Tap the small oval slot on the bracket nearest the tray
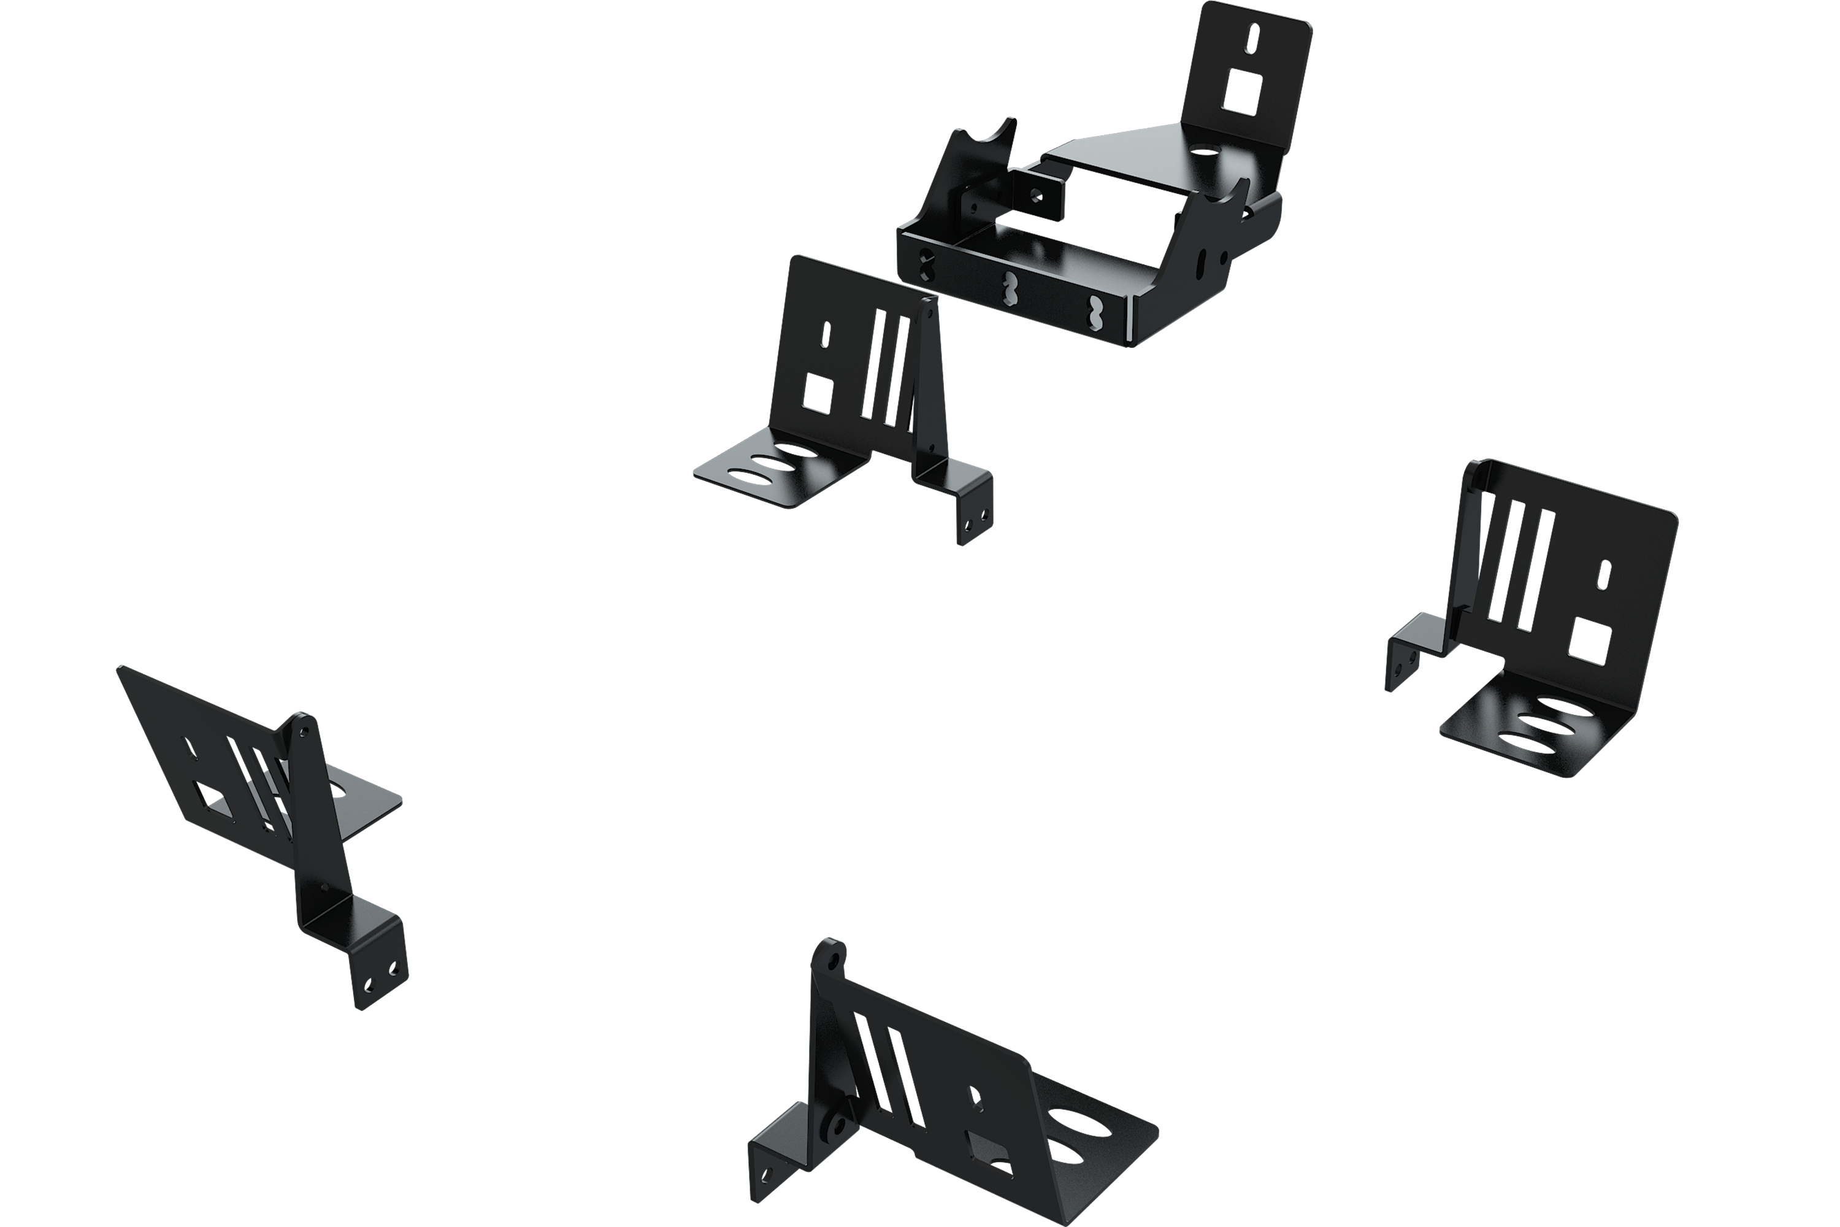click(x=826, y=335)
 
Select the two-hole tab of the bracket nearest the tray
click(x=976, y=520)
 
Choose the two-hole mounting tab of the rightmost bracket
click(x=1403, y=666)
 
